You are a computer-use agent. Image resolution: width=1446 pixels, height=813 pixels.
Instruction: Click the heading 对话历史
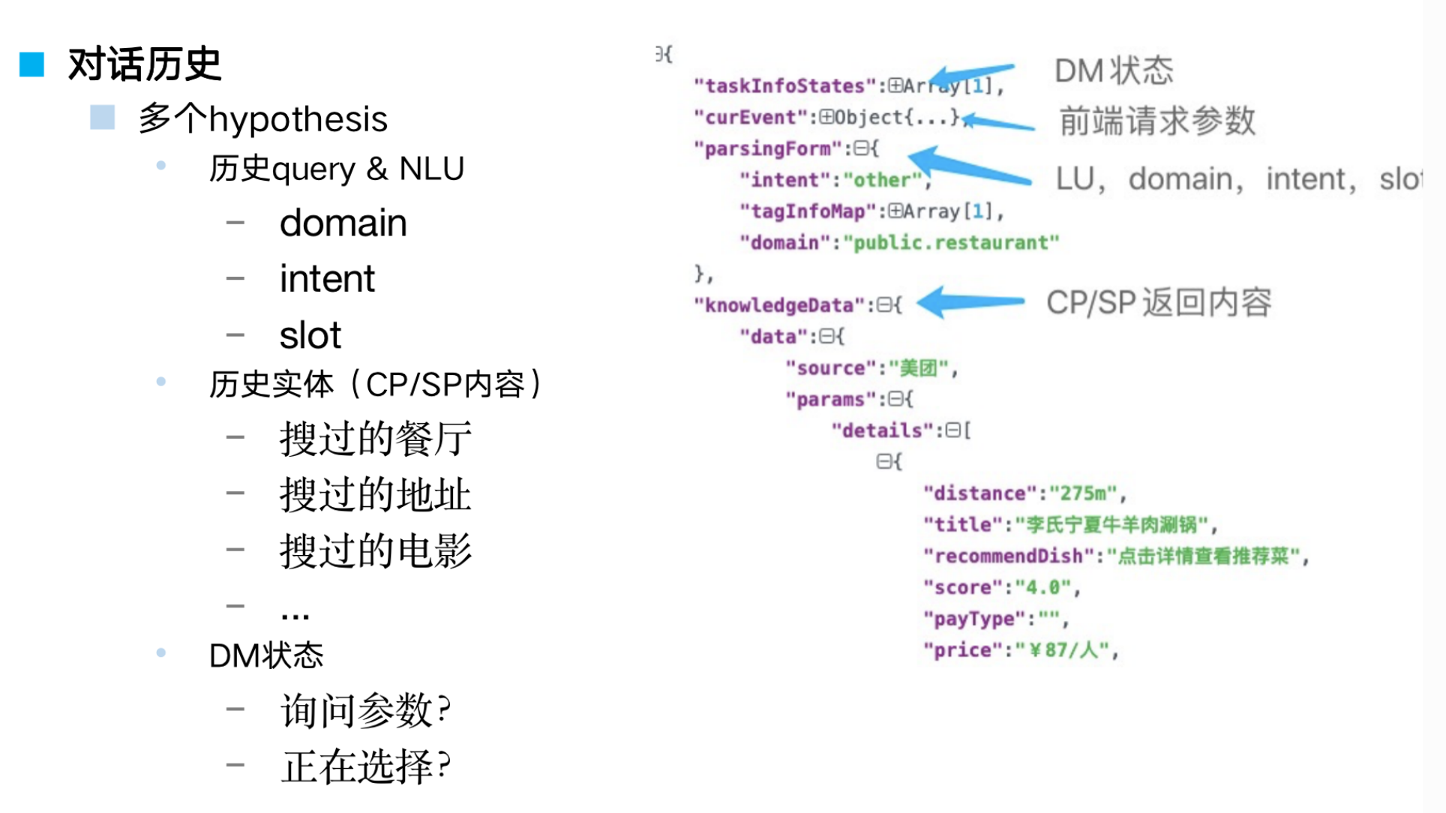[144, 64]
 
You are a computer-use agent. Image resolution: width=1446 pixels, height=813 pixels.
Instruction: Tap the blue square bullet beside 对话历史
[31, 64]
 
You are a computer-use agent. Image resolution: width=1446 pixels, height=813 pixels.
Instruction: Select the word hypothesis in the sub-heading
[298, 119]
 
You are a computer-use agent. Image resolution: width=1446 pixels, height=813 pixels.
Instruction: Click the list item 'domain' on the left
[343, 223]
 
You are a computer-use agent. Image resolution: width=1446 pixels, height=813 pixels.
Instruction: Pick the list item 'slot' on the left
[310, 335]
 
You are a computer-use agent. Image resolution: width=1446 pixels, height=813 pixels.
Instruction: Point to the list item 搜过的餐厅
[375, 439]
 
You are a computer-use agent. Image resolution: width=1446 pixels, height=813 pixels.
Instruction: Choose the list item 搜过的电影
[375, 550]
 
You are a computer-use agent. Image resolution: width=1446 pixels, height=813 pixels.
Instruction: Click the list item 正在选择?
[365, 766]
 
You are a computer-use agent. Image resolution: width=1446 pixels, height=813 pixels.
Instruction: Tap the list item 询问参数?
[365, 710]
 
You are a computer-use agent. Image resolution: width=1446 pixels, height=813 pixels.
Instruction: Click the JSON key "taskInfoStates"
[784, 86]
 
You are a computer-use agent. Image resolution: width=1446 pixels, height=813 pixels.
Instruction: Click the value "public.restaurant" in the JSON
[951, 243]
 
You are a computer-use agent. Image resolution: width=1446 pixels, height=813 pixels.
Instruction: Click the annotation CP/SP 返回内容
[1158, 303]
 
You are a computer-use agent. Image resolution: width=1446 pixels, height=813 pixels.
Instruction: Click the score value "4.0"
[1043, 587]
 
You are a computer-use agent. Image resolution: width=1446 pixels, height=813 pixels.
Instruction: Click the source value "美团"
[919, 368]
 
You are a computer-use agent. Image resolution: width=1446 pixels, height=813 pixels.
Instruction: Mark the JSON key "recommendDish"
[1009, 556]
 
